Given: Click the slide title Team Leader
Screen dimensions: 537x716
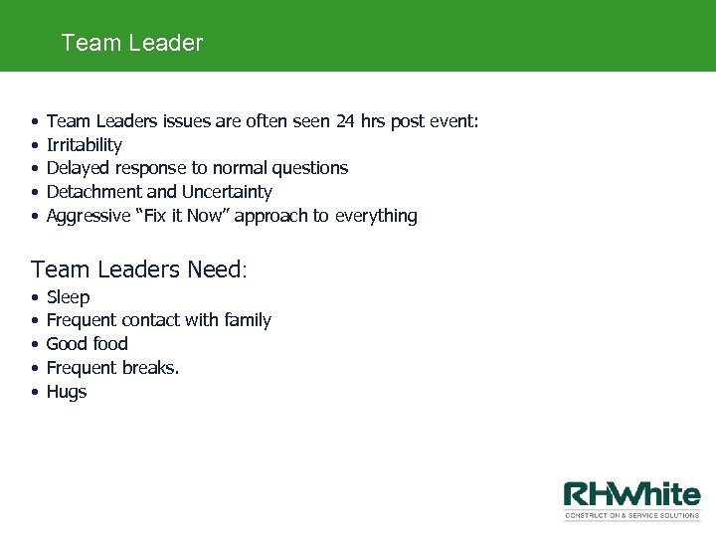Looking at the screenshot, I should (x=131, y=43).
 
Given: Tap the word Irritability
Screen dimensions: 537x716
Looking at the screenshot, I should (x=85, y=145).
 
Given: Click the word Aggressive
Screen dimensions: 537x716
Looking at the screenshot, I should (x=89, y=216).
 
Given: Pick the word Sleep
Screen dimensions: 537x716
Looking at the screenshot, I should (x=69, y=297).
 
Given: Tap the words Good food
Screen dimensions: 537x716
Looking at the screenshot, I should (x=88, y=344).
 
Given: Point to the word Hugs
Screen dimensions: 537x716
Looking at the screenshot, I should (x=67, y=392).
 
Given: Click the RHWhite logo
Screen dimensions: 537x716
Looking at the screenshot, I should (x=632, y=500).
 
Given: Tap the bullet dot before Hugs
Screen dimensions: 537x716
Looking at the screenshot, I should (x=36, y=392).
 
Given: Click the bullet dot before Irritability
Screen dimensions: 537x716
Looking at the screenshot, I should (x=36, y=145).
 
